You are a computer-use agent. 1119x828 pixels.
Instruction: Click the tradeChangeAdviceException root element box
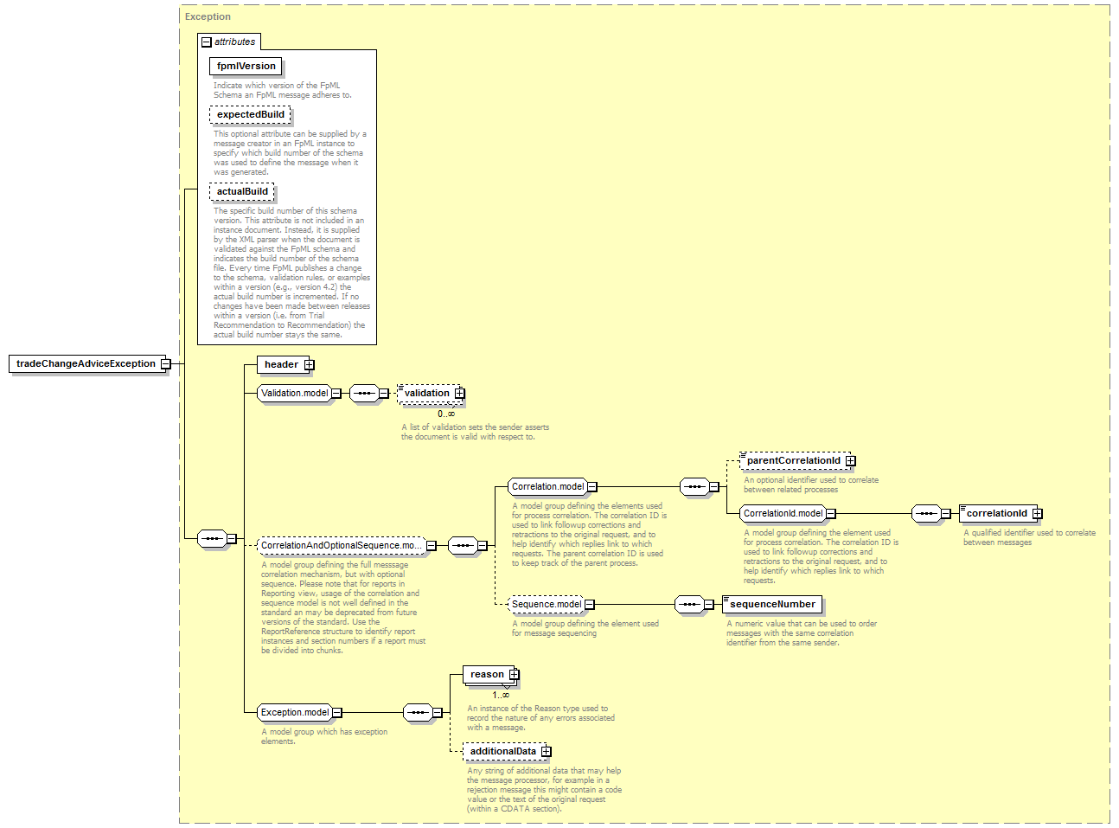click(x=87, y=363)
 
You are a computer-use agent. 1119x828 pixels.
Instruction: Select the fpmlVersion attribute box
click(x=246, y=66)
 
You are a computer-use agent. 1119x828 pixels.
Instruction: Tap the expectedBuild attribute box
click(x=250, y=114)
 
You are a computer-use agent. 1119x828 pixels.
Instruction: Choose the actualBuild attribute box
click(x=242, y=191)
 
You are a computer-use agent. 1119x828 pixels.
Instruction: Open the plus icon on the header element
click(x=310, y=364)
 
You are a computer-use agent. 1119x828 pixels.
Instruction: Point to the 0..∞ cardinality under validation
click(x=446, y=414)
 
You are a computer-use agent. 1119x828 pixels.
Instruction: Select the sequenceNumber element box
click(x=772, y=604)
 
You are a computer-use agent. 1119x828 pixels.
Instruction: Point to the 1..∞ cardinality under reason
click(x=501, y=696)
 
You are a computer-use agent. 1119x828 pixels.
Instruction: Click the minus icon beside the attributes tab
click(x=207, y=42)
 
